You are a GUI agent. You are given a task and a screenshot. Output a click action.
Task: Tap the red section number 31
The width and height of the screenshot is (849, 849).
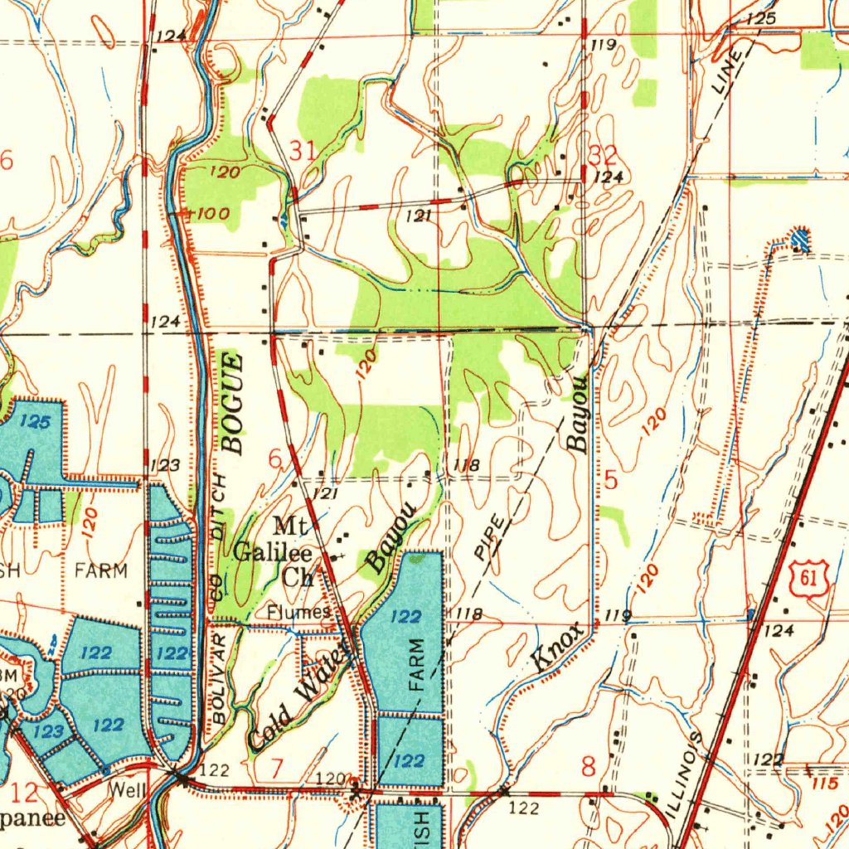tap(303, 151)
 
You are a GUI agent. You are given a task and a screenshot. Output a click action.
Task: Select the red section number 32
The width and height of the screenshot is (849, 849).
tap(602, 155)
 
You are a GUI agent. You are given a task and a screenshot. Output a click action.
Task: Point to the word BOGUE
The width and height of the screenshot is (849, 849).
tap(233, 403)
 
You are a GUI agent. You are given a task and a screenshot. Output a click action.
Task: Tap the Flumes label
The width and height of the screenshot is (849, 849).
tap(299, 612)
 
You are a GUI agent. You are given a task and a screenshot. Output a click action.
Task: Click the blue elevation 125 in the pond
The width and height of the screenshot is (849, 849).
tap(35, 423)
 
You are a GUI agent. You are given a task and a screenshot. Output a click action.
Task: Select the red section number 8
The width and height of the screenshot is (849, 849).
tap(588, 767)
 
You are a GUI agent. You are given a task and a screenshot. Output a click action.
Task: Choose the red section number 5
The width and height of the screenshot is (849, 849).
tap(611, 479)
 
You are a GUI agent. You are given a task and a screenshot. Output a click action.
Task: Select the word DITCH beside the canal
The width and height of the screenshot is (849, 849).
tap(218, 507)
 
